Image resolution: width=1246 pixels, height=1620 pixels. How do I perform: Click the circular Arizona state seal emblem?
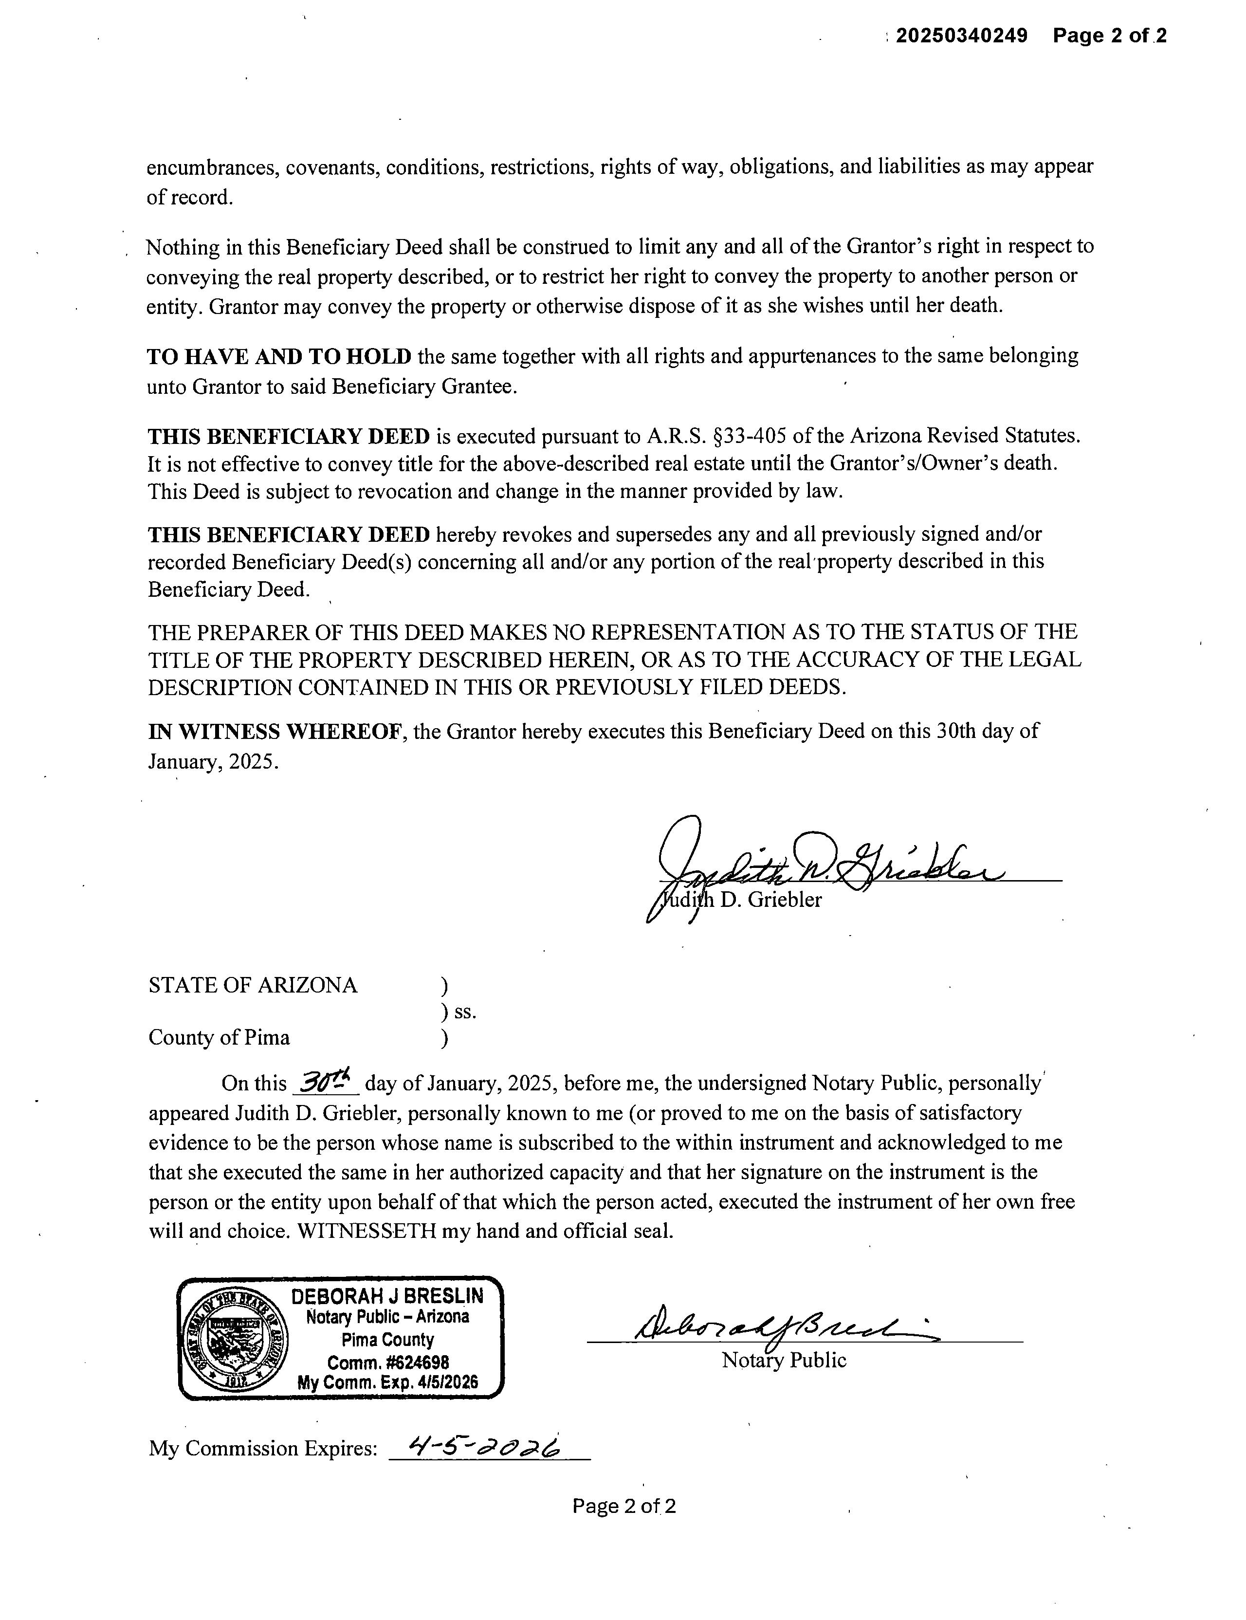click(235, 1340)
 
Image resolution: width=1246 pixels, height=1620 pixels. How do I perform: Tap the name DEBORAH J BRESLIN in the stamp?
click(387, 1295)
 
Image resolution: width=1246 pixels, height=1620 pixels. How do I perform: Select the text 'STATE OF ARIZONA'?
click(253, 985)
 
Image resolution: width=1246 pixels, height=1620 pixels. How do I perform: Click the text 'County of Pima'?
click(219, 1037)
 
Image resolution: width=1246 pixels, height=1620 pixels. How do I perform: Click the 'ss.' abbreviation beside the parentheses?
click(465, 1012)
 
